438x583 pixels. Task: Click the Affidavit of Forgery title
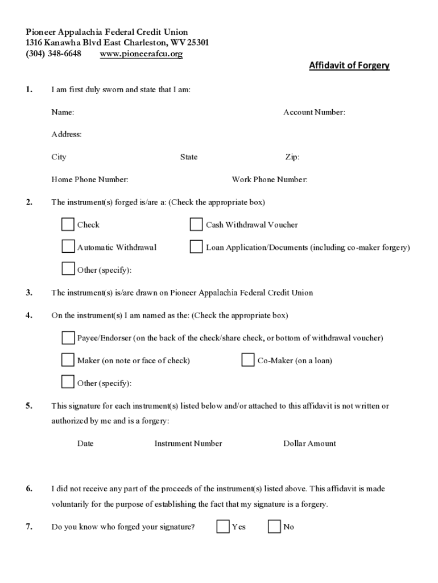click(349, 65)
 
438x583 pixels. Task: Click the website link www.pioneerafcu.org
click(141, 54)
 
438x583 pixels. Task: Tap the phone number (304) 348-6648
click(53, 54)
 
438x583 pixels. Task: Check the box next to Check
click(68, 224)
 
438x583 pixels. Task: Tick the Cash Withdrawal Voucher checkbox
click(196, 224)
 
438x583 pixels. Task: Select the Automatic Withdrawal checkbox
click(68, 247)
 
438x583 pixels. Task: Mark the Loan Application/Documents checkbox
click(196, 247)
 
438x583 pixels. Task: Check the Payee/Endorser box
click(68, 338)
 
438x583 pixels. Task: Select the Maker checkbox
click(68, 360)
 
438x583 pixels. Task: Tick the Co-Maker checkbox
click(247, 360)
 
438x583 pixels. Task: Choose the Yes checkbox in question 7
click(223, 527)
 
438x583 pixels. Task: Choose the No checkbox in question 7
click(274, 527)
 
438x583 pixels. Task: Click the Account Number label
click(314, 112)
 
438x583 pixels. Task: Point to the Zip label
click(292, 157)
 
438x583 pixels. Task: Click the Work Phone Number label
click(270, 180)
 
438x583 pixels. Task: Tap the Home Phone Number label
click(90, 180)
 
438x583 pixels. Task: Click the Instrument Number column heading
click(188, 444)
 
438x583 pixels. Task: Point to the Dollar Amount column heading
click(309, 444)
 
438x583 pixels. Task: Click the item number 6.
click(28, 488)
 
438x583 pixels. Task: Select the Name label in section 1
click(63, 112)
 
